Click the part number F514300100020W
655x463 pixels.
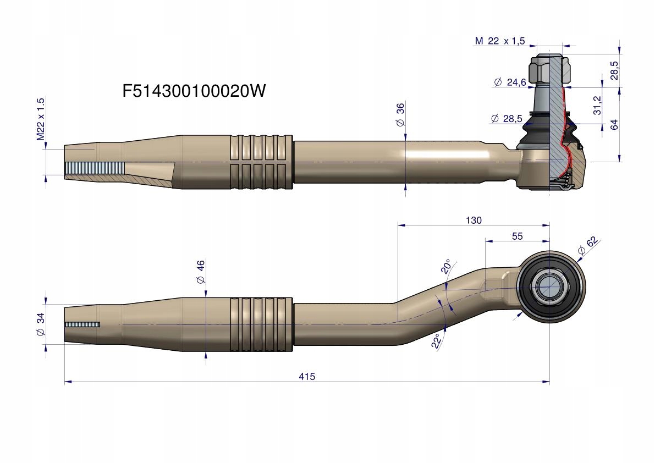pos(194,91)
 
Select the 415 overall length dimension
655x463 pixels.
pos(307,377)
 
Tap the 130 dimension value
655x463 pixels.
pos(473,220)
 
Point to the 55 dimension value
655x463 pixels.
pos(517,236)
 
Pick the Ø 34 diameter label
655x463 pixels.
pos(40,324)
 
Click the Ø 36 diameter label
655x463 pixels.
pos(400,116)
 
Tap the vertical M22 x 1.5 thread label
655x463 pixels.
pos(40,119)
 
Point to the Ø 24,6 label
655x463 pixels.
pos(510,82)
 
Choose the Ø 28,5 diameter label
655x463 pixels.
pos(505,118)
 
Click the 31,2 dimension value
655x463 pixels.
pos(597,105)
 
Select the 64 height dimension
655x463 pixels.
pos(614,124)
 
